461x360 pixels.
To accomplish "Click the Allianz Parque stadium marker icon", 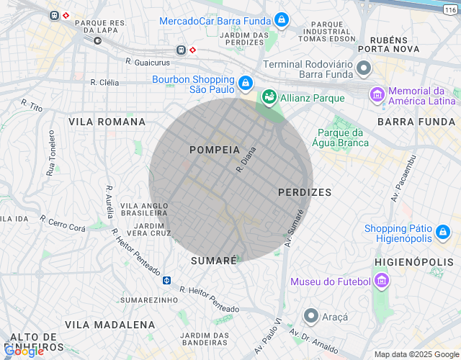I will (269, 96).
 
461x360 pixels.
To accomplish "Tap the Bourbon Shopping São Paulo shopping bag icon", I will (246, 84).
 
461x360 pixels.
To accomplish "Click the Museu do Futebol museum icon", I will (382, 281).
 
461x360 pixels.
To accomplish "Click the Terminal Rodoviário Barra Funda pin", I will (364, 69).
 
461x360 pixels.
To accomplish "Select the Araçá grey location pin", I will (311, 316).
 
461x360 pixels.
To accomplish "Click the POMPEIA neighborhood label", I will (214, 150).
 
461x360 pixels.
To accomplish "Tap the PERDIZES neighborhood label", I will (305, 192).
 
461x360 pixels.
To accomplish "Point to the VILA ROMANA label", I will (107, 122).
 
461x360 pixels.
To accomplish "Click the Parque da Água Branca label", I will (343, 138).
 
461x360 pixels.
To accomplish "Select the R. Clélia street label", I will (104, 82).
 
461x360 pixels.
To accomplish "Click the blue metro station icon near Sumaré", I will (166, 279).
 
